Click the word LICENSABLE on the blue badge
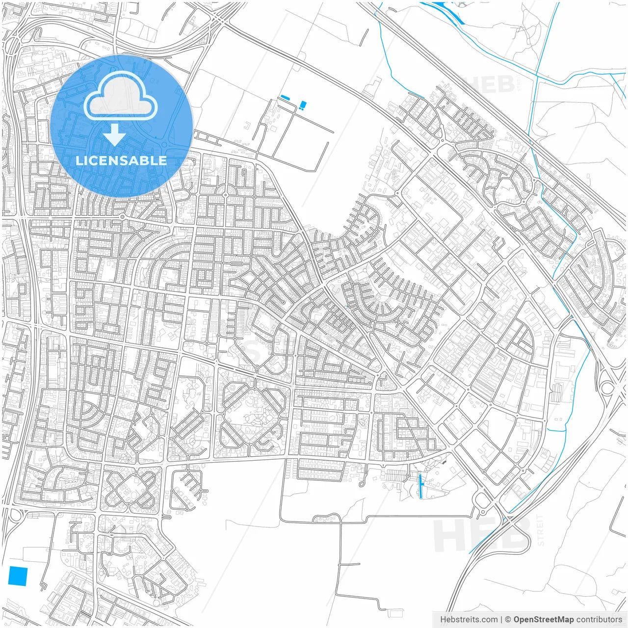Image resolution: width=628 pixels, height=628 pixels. pos(121,160)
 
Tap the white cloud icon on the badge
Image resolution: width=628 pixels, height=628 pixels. pos(120,96)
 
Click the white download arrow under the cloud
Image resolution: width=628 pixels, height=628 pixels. pos(114,134)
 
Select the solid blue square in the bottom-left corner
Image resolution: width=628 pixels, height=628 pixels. pos(18,576)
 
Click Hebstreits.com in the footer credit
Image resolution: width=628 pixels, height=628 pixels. pos(469,619)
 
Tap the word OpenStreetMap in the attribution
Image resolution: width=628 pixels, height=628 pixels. pos(544,619)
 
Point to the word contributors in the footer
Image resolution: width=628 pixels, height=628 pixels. pos(599,619)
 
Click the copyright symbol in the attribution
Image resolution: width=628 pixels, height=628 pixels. pos(508,619)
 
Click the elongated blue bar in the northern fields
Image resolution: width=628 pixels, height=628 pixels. pos(285,98)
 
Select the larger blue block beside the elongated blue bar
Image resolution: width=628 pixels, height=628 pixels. pos(303,104)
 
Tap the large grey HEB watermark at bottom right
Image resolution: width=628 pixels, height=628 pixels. pos(483,535)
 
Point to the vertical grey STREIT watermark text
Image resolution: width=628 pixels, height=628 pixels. pos(541,530)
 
